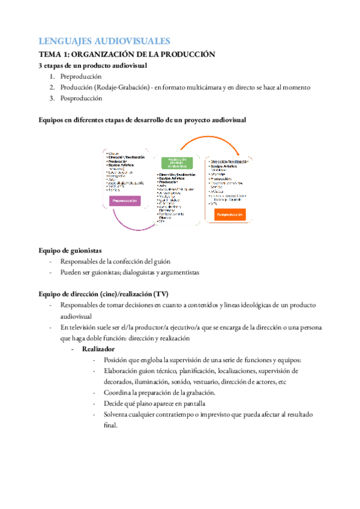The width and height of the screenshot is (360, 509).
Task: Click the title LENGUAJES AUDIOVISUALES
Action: [104, 41]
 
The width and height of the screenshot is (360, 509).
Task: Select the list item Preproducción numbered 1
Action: [81, 76]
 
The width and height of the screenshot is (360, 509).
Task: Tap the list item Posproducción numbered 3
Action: [81, 98]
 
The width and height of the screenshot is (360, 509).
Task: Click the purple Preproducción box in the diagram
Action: [124, 202]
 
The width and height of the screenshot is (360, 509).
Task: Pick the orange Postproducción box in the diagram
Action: [230, 214]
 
